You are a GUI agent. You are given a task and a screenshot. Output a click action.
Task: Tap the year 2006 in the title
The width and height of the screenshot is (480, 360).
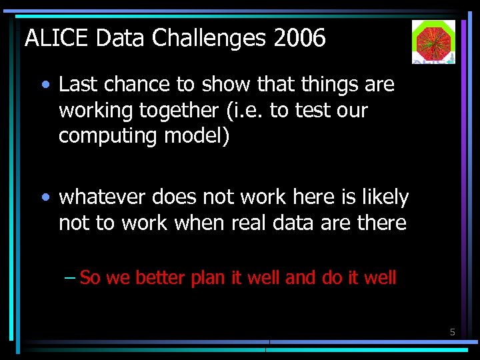(x=299, y=39)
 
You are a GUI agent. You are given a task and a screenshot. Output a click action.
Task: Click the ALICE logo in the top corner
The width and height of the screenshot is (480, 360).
(x=433, y=41)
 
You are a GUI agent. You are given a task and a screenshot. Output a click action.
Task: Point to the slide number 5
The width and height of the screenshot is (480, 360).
(x=452, y=331)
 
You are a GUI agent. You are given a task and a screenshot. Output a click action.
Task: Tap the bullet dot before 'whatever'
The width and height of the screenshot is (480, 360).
(x=45, y=198)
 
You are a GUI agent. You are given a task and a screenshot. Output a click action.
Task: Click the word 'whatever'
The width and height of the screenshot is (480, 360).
(x=103, y=197)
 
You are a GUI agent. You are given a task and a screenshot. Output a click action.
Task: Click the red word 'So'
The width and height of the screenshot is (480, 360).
(x=89, y=277)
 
